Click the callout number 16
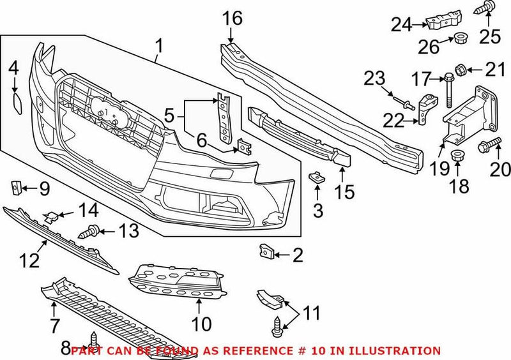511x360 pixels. tap(233, 19)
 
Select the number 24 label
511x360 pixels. tap(400, 26)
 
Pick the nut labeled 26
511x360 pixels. tap(459, 40)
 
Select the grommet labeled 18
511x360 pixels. tap(458, 156)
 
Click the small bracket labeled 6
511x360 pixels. tap(243, 147)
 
